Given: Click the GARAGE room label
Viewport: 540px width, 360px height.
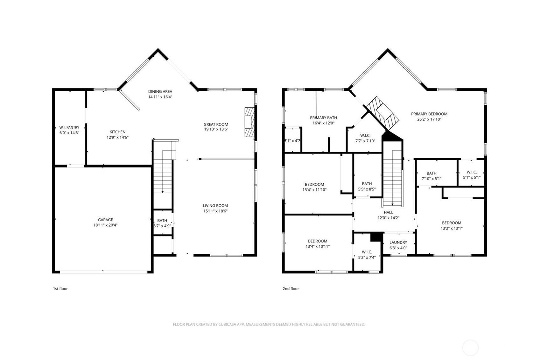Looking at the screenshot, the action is (105, 220).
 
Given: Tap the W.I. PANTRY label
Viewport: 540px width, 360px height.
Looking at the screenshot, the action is (69, 127).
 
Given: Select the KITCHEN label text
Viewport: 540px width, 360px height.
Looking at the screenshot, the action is (117, 132).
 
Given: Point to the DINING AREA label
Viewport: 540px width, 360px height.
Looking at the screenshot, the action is (160, 91).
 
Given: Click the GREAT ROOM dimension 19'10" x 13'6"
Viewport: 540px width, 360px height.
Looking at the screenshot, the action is (216, 129).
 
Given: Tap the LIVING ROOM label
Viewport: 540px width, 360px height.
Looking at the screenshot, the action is (215, 206).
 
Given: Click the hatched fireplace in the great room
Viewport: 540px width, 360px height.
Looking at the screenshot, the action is (249, 122).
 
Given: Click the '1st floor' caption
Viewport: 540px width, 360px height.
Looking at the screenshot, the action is (60, 289).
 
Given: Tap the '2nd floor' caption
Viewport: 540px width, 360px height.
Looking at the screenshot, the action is (291, 289).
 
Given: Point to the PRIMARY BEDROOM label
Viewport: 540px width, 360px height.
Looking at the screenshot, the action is (429, 114).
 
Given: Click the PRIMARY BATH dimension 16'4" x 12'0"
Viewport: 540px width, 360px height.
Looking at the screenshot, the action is (323, 123).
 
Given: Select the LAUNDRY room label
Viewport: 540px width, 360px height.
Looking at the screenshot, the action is (398, 242).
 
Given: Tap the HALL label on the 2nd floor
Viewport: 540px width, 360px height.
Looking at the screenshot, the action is (388, 212).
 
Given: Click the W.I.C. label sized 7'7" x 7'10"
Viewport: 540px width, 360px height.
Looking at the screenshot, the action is (365, 136).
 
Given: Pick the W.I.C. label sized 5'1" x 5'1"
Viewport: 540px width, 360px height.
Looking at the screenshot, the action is (472, 172).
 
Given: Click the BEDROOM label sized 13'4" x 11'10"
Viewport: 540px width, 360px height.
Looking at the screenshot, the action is (314, 185).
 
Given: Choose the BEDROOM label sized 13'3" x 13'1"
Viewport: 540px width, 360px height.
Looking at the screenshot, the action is (452, 223).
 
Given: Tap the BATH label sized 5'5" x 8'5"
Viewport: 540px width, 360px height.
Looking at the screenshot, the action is (367, 184).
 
